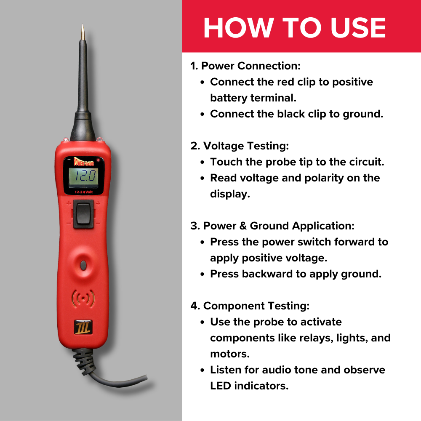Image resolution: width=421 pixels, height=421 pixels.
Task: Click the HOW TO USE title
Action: pyautogui.click(x=295, y=28)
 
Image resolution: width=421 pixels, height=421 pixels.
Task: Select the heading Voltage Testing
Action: pyautogui.click(x=240, y=146)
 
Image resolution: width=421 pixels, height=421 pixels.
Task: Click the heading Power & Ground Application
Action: pyautogui.click(x=272, y=226)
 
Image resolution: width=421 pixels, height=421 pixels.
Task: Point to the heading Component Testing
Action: pyautogui.click(x=250, y=306)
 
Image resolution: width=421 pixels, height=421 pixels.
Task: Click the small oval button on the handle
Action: pyautogui.click(x=83, y=265)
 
